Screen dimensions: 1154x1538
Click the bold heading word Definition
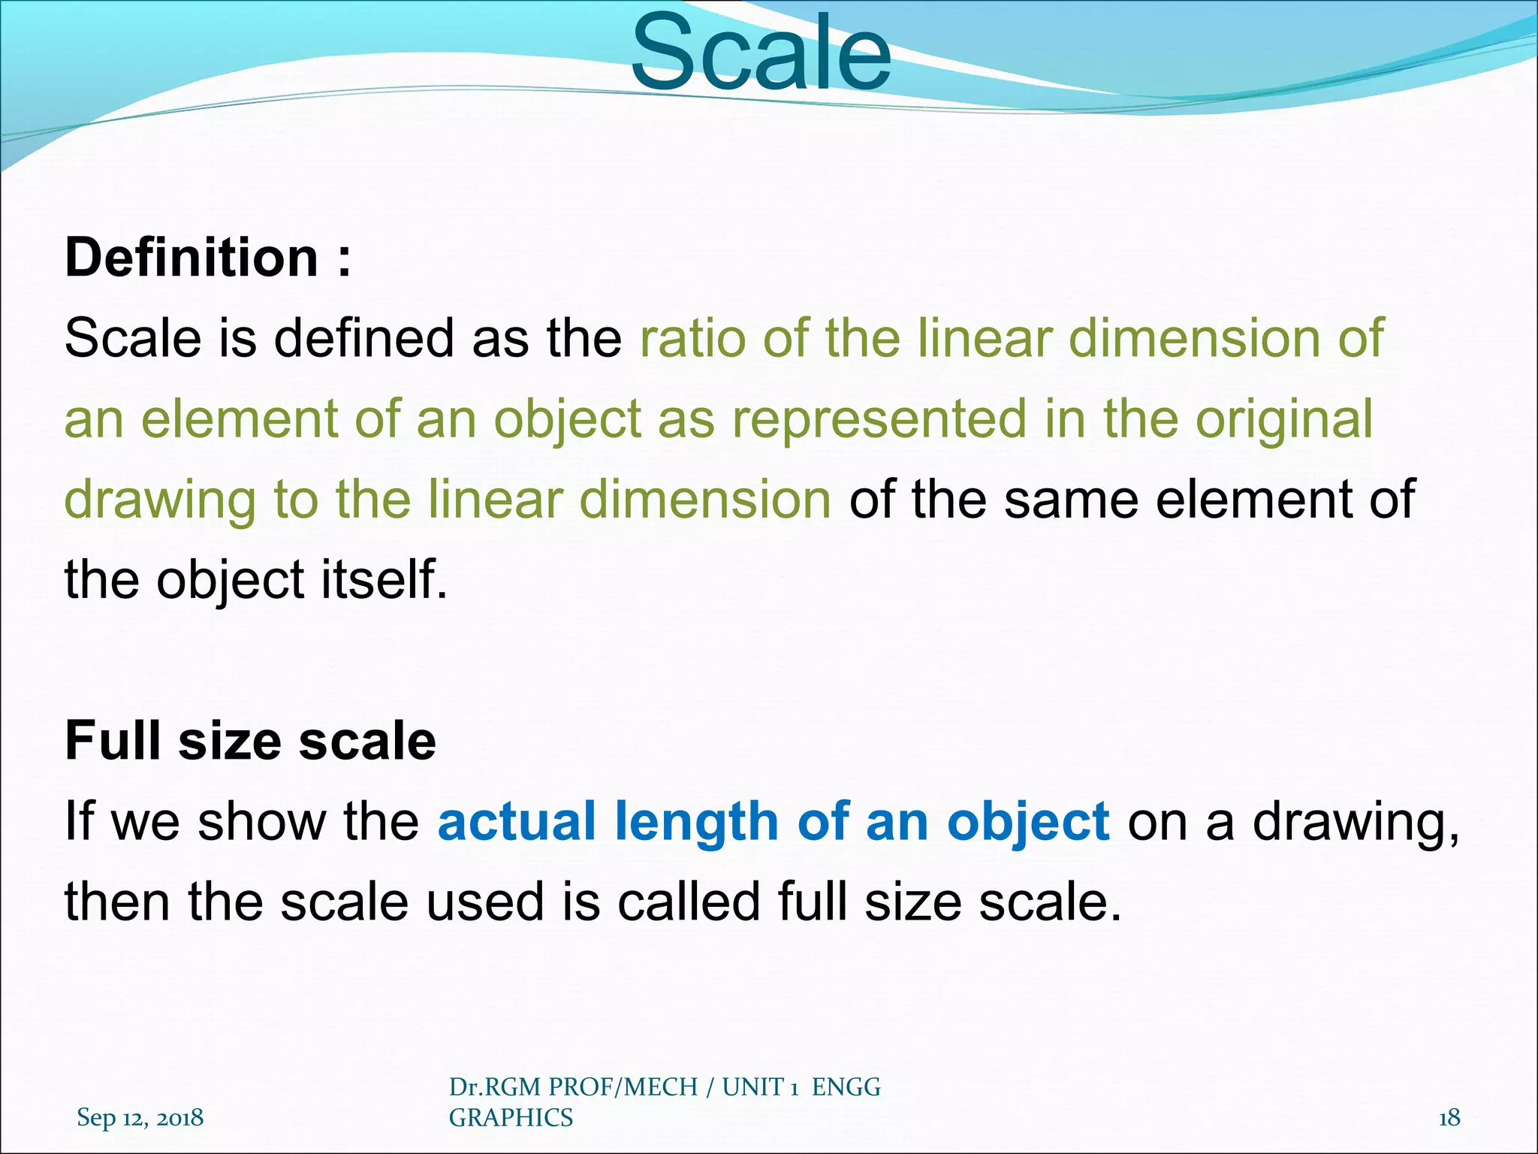click(x=191, y=258)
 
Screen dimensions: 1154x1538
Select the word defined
click(x=363, y=338)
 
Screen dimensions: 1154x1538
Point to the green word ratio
click(x=692, y=338)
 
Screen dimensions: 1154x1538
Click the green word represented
click(x=879, y=419)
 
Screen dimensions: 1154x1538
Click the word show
click(x=261, y=821)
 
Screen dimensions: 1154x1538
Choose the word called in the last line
click(x=689, y=902)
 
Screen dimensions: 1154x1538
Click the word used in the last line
click(x=485, y=902)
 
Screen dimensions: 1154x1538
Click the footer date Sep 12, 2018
click(x=140, y=1118)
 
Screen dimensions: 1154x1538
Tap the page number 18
click(x=1449, y=1118)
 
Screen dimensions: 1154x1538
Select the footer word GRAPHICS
click(x=511, y=1118)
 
